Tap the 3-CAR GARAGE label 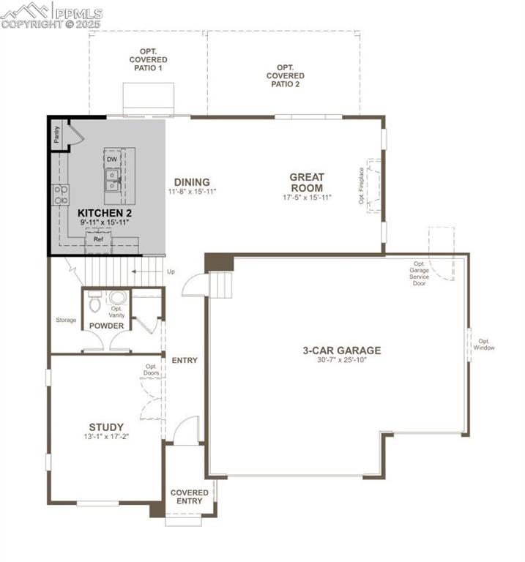click(342, 351)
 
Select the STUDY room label click(106, 427)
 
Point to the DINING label click(192, 182)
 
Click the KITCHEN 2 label click(104, 212)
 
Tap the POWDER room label click(106, 326)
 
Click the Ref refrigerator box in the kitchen click(97, 239)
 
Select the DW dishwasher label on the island click(112, 160)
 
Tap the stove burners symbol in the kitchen click(61, 195)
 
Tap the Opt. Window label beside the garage click(485, 344)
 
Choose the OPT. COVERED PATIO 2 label click(285, 75)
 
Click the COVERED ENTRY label click(190, 497)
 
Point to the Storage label click(66, 320)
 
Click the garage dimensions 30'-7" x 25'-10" click(342, 361)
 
